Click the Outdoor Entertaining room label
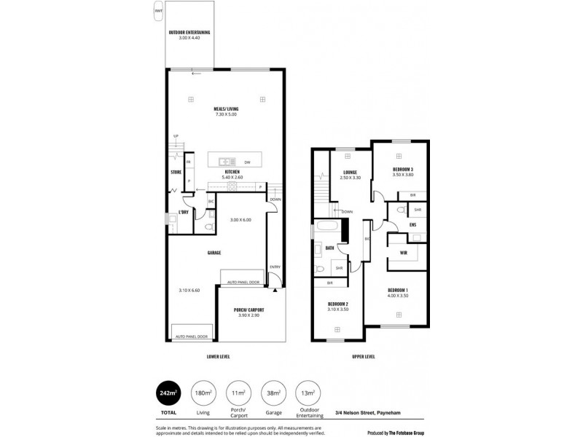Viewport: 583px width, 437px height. pyautogui.click(x=189, y=32)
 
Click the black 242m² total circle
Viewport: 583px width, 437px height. pyautogui.click(x=168, y=394)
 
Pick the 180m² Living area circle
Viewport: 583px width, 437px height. pyautogui.click(x=203, y=394)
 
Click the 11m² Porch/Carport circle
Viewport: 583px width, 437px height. pyautogui.click(x=238, y=394)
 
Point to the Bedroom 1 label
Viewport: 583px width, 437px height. pyautogui.click(x=399, y=291)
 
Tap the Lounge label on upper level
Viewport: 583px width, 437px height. pyautogui.click(x=349, y=173)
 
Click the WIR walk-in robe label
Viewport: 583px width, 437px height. pyautogui.click(x=404, y=253)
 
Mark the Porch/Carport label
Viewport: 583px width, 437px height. pyautogui.click(x=249, y=310)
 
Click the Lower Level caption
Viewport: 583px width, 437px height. pyautogui.click(x=219, y=357)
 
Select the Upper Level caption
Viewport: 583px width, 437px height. pyautogui.click(x=363, y=357)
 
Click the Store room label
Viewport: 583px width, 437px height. pyautogui.click(x=176, y=172)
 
